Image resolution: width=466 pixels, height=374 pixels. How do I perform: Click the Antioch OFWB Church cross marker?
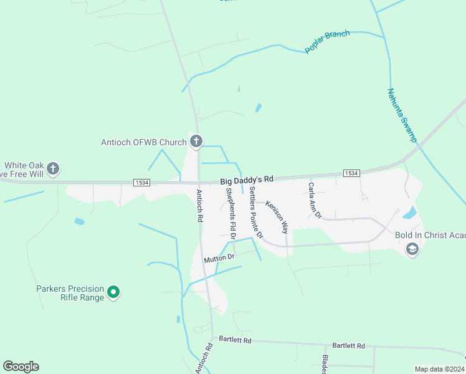[x=196, y=142]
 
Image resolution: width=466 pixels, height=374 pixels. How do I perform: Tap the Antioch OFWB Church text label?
[x=144, y=142]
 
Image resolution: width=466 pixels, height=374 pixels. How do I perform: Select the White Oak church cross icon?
[x=53, y=168]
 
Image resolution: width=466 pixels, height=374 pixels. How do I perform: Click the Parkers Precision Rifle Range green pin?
[x=113, y=292]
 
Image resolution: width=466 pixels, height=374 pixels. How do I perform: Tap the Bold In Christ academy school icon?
[x=412, y=250]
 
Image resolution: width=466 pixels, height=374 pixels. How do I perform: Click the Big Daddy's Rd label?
[x=247, y=180]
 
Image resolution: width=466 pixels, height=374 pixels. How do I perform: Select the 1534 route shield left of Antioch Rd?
[x=141, y=182]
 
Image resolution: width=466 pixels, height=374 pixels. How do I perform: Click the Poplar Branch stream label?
[x=328, y=42]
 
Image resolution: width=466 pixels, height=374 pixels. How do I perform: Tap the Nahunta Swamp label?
[x=402, y=115]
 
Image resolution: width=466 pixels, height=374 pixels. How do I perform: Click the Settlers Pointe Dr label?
[x=256, y=211]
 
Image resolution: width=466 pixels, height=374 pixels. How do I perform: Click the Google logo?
[x=21, y=367]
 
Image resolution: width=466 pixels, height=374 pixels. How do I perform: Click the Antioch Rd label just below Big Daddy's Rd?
[x=200, y=206]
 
